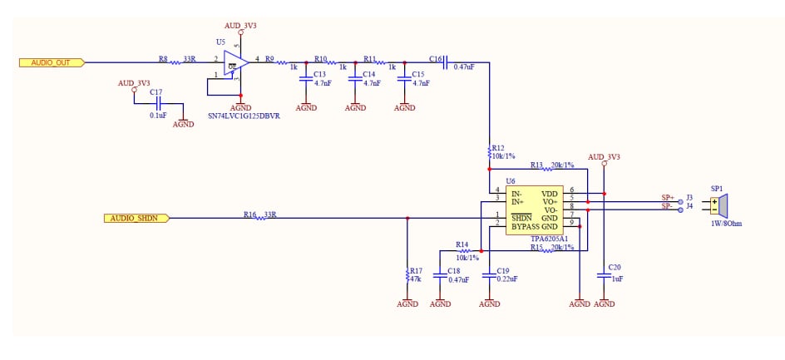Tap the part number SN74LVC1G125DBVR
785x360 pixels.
point(243,116)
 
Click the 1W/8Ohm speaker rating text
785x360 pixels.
point(727,224)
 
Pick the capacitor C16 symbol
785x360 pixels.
point(446,62)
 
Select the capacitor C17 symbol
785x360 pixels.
point(157,104)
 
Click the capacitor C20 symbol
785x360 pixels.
point(604,275)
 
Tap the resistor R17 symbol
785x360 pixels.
point(407,274)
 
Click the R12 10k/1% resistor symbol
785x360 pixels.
point(490,153)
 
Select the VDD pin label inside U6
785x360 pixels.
point(550,193)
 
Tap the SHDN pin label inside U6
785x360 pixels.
point(521,218)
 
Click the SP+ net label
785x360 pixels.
point(668,198)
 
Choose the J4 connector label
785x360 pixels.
point(689,207)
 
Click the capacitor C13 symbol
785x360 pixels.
point(306,77)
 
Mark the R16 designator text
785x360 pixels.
point(249,215)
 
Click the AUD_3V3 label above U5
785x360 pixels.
point(240,26)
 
